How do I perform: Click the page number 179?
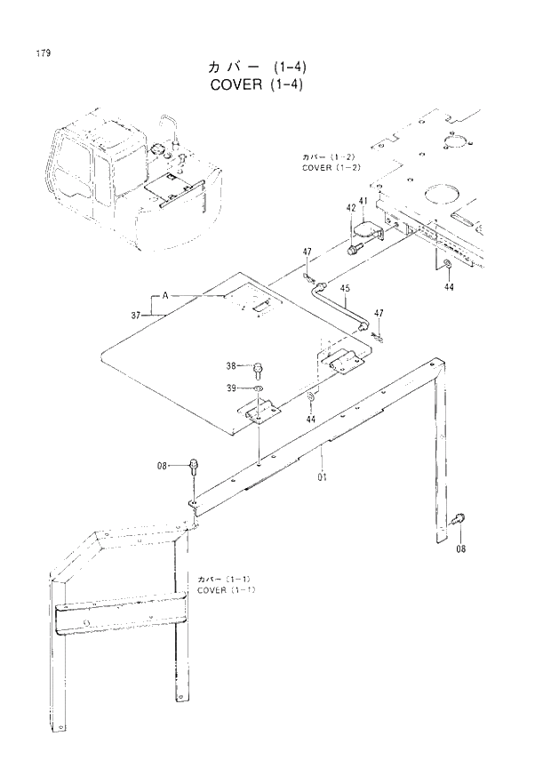point(43,53)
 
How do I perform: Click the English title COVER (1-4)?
point(259,86)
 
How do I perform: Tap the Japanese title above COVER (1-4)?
point(258,68)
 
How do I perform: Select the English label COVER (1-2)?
point(330,167)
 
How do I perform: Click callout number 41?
point(363,202)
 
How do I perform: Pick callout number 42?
point(351,208)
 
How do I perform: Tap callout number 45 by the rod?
point(345,288)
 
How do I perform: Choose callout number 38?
point(230,366)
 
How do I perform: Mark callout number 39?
point(230,388)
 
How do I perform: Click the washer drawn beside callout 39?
point(257,388)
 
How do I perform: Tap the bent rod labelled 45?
point(342,307)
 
